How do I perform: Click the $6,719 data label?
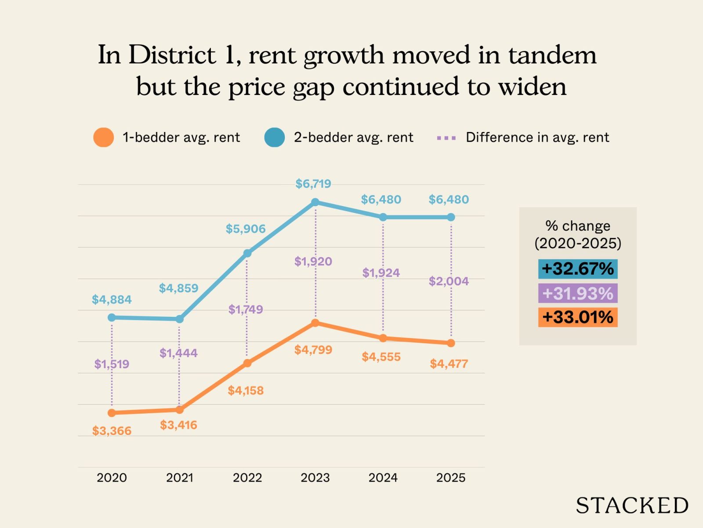(x=313, y=184)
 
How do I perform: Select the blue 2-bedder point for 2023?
(x=315, y=202)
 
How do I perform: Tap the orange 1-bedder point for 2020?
(x=112, y=413)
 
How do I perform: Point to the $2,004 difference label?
(x=449, y=281)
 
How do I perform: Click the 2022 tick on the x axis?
(x=247, y=478)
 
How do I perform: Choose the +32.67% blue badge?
(x=577, y=269)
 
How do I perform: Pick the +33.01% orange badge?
(x=577, y=317)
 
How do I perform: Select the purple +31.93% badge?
(x=577, y=293)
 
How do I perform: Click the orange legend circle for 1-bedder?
(x=104, y=138)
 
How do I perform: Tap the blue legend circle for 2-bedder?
(x=275, y=138)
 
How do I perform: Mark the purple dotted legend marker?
(x=446, y=138)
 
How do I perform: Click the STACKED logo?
(x=632, y=506)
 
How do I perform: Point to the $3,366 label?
(x=112, y=431)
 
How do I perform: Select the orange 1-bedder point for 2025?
(x=451, y=343)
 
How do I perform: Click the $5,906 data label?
(x=246, y=229)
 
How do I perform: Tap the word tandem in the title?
(x=552, y=55)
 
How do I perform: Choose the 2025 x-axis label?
(x=451, y=478)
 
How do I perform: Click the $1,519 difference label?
(x=112, y=364)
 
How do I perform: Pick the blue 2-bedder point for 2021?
(x=179, y=319)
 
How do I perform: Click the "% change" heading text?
(x=577, y=226)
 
